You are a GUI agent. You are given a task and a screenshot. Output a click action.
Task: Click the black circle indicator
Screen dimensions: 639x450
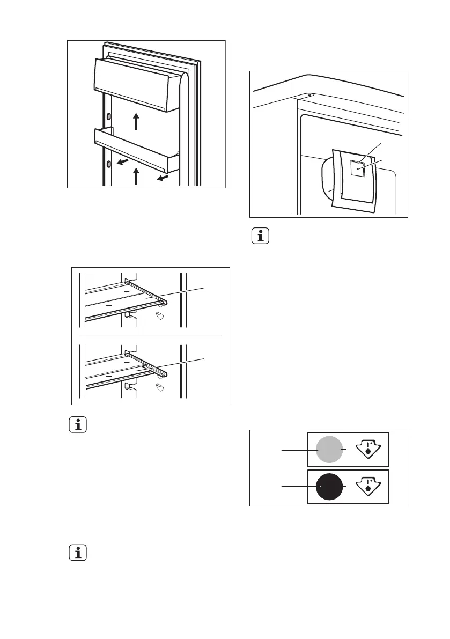329,486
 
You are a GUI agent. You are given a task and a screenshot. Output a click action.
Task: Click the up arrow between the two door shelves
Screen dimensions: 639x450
136,121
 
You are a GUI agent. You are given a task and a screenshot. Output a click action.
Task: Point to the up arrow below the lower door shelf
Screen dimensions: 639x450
136,176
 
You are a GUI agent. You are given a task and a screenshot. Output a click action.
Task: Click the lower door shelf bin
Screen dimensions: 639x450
137,148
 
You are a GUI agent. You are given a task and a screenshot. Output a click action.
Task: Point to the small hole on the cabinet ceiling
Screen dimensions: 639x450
310,96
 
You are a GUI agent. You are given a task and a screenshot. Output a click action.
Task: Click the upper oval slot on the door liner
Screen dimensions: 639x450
109,116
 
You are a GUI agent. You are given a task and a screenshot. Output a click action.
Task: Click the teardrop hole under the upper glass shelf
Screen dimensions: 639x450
160,315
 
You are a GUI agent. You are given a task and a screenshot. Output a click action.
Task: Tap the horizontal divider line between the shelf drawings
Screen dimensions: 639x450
151,335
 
